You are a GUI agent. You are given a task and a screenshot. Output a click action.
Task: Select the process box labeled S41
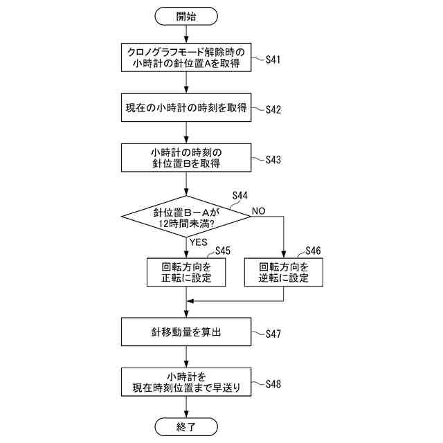click(x=186, y=58)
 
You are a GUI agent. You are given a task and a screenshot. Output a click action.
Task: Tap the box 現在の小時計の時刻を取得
click(x=186, y=108)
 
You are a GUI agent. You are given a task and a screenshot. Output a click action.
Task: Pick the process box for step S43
click(x=186, y=158)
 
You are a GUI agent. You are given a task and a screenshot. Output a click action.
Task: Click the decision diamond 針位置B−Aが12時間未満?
click(x=186, y=217)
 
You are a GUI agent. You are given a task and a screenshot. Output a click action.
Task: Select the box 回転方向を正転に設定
click(x=186, y=272)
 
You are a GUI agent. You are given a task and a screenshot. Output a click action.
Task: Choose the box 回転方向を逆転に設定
click(x=283, y=272)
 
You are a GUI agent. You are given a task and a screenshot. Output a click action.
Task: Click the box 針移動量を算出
click(x=186, y=332)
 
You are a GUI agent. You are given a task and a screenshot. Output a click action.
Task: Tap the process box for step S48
click(x=186, y=382)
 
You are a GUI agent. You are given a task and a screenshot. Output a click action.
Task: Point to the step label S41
click(x=273, y=60)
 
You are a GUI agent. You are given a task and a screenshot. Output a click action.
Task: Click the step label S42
click(x=273, y=109)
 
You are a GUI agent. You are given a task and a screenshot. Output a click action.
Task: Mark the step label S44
click(x=240, y=196)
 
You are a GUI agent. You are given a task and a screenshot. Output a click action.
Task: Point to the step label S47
click(x=273, y=334)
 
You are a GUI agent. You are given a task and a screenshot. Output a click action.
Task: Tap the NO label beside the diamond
click(x=258, y=210)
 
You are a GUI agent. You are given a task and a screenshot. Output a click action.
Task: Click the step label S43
click(x=273, y=159)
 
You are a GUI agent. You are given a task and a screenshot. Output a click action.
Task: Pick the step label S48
click(x=273, y=383)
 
